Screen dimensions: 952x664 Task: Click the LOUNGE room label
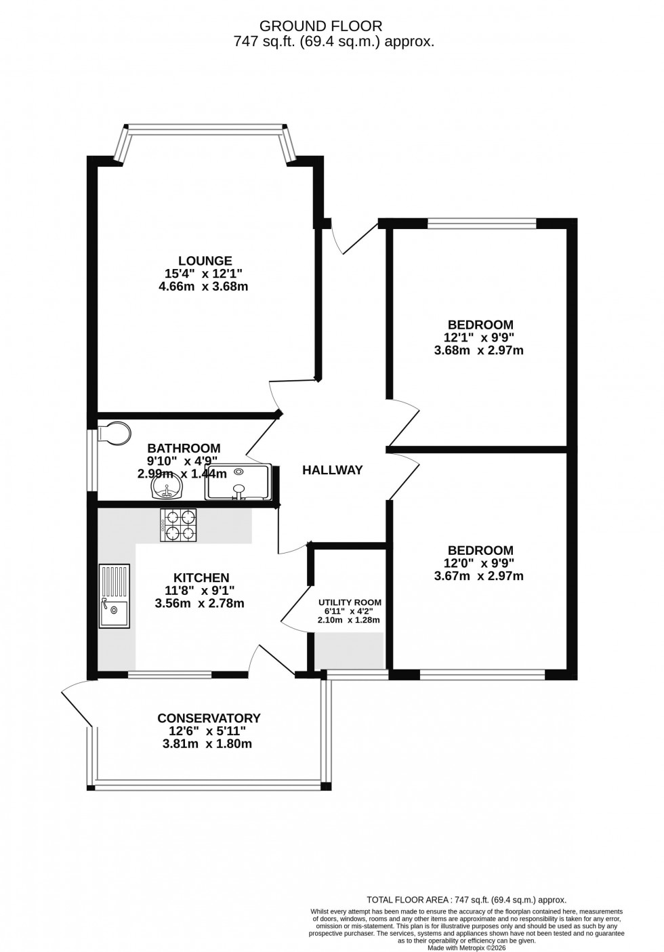click(x=205, y=261)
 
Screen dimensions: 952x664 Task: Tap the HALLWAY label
click(x=332, y=470)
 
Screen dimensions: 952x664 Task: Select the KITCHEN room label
click(x=201, y=577)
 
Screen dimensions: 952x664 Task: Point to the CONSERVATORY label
click(x=209, y=718)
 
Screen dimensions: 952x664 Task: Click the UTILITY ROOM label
click(x=350, y=602)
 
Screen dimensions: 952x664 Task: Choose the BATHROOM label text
click(x=184, y=448)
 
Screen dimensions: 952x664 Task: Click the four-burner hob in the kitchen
click(x=178, y=525)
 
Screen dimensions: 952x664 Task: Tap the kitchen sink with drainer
click(x=114, y=596)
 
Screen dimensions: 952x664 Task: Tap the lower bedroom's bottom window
click(x=482, y=674)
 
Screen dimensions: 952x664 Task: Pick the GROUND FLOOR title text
click(x=321, y=26)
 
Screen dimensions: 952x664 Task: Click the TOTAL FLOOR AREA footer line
click(x=466, y=900)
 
